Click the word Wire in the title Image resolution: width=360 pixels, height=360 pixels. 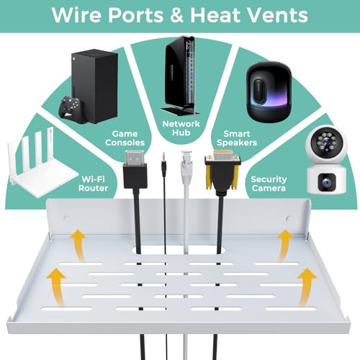[x=76, y=15]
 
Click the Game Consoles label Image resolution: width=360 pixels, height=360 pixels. [x=125, y=138]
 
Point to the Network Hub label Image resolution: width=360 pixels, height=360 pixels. [x=181, y=128]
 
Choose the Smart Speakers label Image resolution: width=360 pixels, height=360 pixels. [x=237, y=138]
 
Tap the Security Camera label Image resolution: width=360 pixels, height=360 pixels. [x=269, y=184]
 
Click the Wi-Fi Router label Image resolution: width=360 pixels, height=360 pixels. [x=93, y=184]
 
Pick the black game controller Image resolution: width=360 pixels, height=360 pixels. [x=71, y=108]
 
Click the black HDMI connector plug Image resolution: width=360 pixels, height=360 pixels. [x=135, y=169]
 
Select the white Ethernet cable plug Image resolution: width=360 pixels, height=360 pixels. [x=186, y=167]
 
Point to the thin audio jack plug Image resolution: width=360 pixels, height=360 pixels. [x=164, y=164]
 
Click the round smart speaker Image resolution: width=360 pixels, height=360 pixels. [x=269, y=91]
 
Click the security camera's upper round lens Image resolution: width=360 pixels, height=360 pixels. [x=326, y=143]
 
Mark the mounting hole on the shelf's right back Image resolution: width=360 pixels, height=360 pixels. [x=289, y=219]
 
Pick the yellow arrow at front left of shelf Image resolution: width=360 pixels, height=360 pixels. [x=57, y=287]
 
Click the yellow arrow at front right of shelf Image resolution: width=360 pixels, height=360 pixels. [x=306, y=287]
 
